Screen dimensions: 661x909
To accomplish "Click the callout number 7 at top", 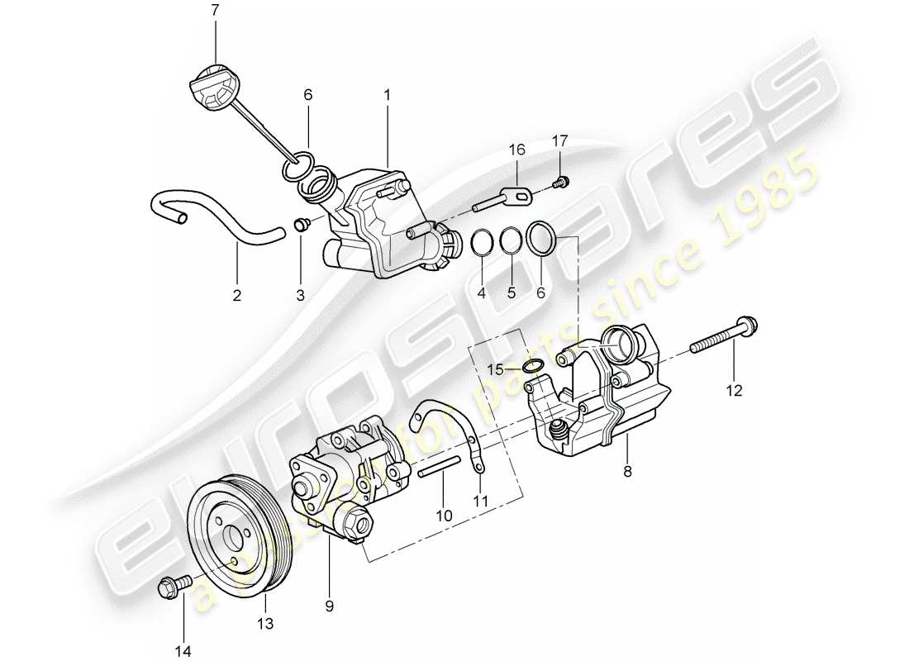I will tap(216, 11).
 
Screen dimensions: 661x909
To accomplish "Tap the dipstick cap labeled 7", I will tap(214, 85).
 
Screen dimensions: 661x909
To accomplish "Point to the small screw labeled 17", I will tap(561, 181).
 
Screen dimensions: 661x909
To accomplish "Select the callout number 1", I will tap(386, 96).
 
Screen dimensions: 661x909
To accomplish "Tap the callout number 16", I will tap(517, 150).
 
